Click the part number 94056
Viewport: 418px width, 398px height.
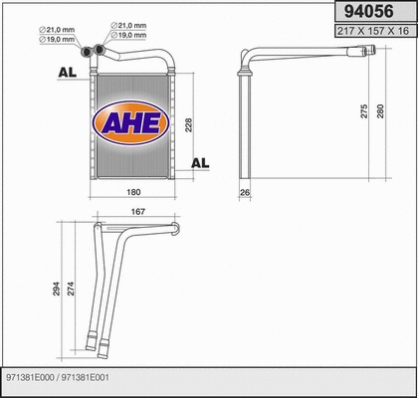coord(363,12)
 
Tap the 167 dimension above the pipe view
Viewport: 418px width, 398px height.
coord(137,210)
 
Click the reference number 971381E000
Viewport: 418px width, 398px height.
coord(30,378)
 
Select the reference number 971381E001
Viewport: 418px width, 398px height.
coord(90,378)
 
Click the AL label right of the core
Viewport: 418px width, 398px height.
coord(200,162)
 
